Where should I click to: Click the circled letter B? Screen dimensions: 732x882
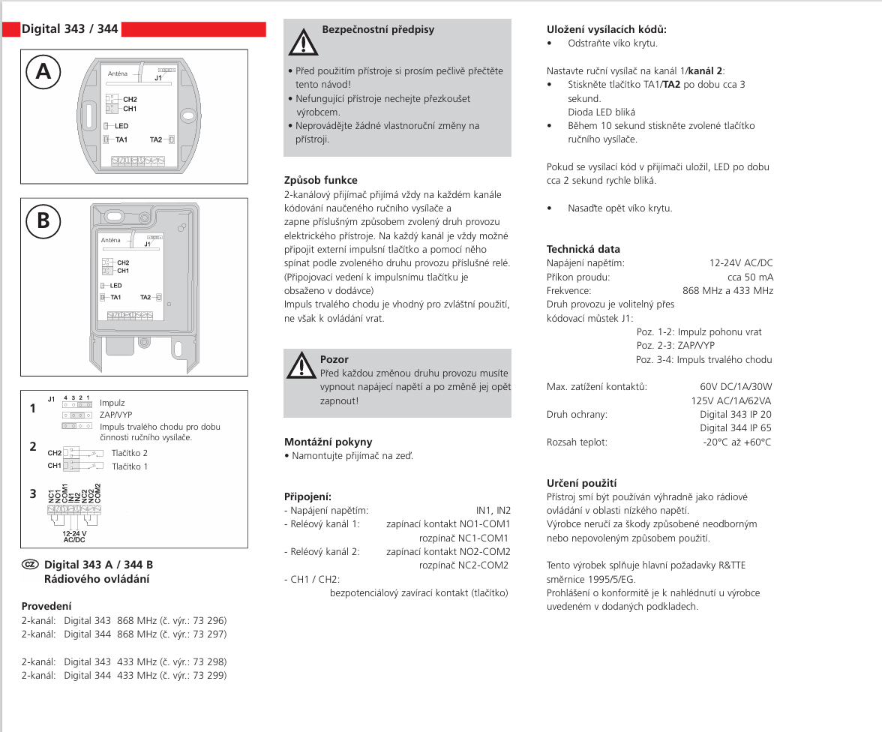[43, 220]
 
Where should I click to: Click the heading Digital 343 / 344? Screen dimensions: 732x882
[70, 29]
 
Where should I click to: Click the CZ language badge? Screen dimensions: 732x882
[30, 564]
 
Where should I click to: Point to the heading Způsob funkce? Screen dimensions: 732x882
[320, 180]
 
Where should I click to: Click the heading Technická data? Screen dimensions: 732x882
[583, 249]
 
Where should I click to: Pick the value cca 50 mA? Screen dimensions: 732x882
[750, 277]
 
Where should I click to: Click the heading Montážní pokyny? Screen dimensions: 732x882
[328, 442]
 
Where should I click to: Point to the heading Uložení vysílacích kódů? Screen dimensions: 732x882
[607, 29]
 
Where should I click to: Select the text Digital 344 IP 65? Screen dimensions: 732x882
[735, 428]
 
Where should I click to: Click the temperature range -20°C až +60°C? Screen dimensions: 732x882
[736, 442]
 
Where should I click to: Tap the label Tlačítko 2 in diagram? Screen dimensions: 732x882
[130, 453]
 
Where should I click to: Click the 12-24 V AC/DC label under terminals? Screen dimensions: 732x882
[74, 536]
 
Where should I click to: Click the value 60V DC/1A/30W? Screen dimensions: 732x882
[735, 387]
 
